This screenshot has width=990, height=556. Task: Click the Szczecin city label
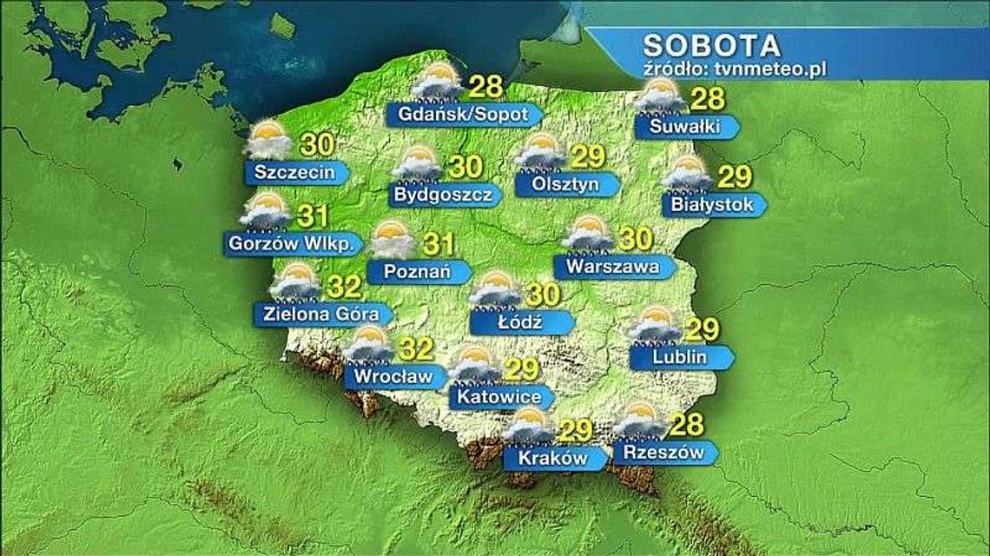point(295,172)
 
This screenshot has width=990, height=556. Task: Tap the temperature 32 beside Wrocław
point(419,350)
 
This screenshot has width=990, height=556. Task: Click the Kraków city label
point(552,458)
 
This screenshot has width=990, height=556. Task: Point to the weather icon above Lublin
point(655,325)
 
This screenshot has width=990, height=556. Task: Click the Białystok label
point(706,205)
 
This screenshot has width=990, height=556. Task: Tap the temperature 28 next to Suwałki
point(706,99)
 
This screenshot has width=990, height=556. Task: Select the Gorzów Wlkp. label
point(291,244)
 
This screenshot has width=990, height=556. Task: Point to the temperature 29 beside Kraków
point(576,429)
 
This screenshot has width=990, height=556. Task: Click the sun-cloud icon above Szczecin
point(269,142)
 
